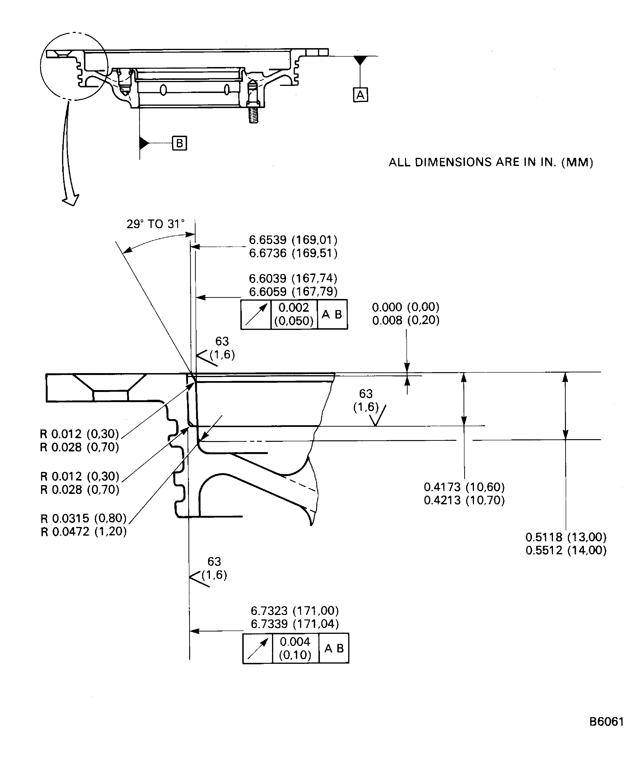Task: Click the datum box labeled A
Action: (x=360, y=95)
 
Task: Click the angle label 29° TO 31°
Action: (x=155, y=224)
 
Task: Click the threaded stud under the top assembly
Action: (x=253, y=115)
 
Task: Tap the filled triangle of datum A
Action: (x=360, y=60)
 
